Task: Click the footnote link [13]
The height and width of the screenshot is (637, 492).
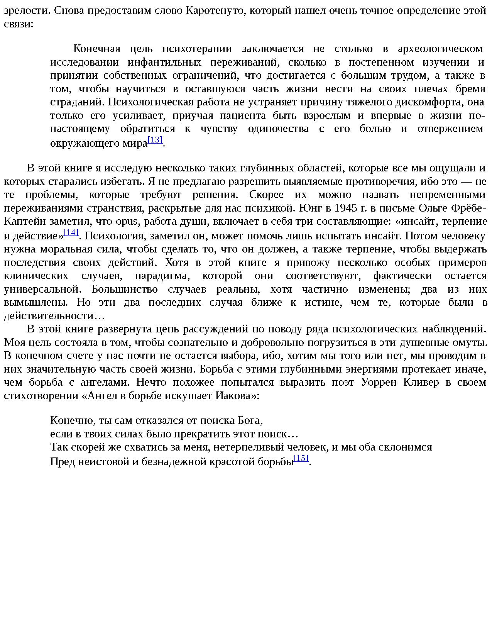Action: click(x=155, y=140)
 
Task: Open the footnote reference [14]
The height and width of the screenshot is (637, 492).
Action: click(x=71, y=232)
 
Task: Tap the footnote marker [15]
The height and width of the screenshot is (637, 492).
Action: click(x=301, y=458)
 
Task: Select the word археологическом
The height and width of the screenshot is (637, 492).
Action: click(x=440, y=49)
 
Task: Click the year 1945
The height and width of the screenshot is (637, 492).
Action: click(x=345, y=208)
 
